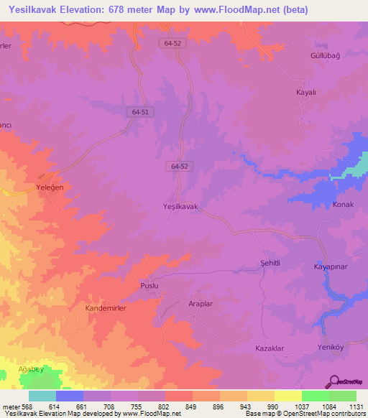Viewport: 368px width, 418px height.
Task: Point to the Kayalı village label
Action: (307, 93)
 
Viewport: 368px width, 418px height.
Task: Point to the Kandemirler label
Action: (106, 307)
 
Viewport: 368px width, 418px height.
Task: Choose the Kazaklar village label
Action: (270, 348)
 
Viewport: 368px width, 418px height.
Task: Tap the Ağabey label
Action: (30, 369)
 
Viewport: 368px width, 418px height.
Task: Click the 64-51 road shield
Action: (141, 112)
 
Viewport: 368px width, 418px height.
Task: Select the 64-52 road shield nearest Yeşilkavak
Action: (180, 166)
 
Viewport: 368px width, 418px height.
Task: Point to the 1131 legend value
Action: (356, 406)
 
